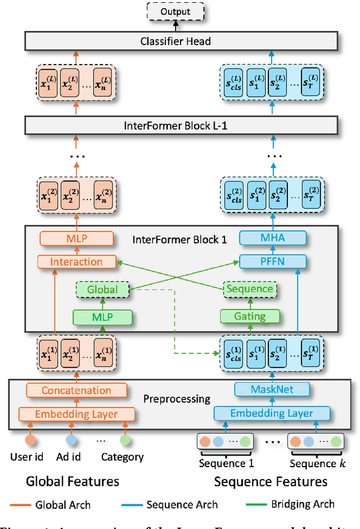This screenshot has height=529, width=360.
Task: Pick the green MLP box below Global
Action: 102,317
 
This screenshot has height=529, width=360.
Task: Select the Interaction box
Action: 76,261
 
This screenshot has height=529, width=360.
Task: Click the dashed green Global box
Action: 102,290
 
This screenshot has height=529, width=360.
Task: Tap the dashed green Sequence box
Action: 249,289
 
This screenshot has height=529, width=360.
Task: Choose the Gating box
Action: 249,317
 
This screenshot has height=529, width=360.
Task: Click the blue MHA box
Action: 273,238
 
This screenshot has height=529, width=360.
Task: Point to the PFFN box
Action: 273,261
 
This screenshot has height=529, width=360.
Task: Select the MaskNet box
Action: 272,389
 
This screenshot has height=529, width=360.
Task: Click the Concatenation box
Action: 76,390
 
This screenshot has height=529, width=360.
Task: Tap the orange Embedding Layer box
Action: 76,414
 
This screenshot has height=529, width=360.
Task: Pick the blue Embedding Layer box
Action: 272,413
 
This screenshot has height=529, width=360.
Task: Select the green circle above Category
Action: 125,439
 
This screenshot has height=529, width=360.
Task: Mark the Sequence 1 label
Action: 226,464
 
